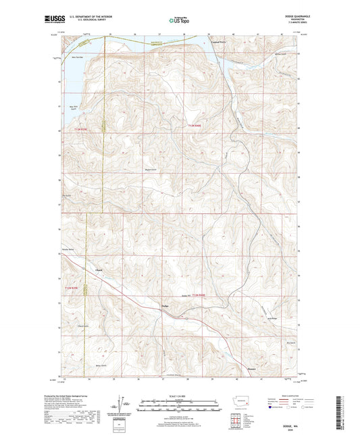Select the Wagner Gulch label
pos(152,170)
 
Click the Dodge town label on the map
pos(164,306)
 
